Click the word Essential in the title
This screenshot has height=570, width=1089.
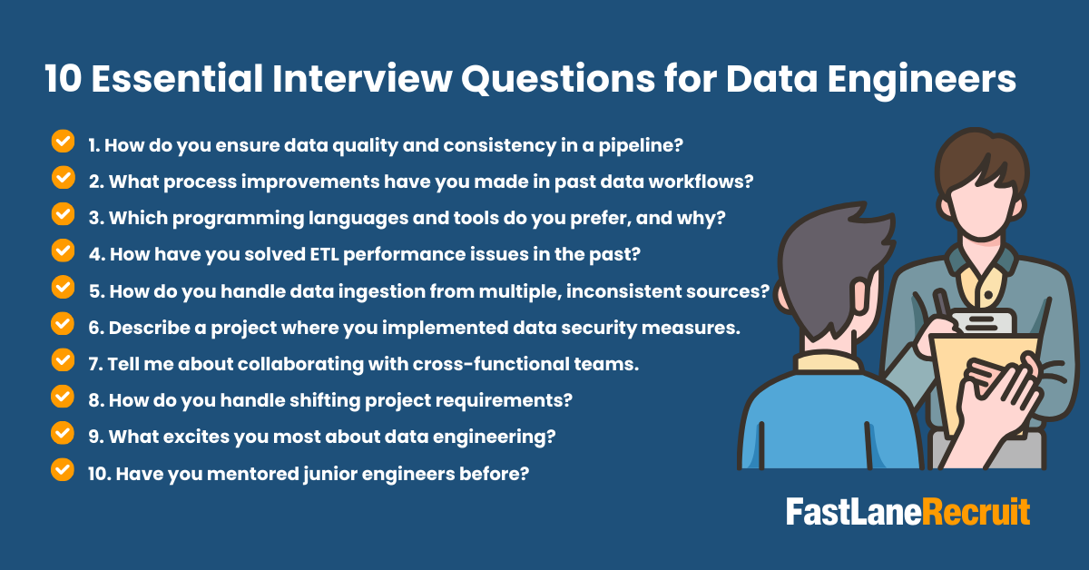click(x=177, y=78)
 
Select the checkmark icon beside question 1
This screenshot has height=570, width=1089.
click(x=64, y=141)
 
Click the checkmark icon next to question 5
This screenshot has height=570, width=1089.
click(x=64, y=287)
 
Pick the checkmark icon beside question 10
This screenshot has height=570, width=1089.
click(x=63, y=470)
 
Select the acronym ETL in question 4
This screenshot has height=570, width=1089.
click(x=324, y=254)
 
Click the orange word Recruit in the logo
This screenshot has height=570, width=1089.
click(x=976, y=512)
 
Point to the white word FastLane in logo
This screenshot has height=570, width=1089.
click(x=854, y=512)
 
